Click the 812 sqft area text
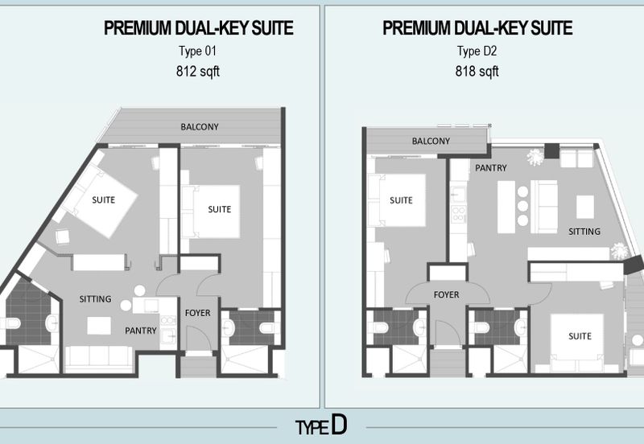click(x=198, y=70)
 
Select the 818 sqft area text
click(x=477, y=70)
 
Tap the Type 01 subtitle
click(x=198, y=51)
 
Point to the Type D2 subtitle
click(x=477, y=51)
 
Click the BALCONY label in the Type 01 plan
click(x=199, y=126)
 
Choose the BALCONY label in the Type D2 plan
click(x=431, y=142)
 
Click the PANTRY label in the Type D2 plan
click(x=491, y=168)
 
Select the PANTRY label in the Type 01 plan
click(x=140, y=330)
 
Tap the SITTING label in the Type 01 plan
click(x=95, y=299)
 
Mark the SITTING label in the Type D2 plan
click(x=584, y=232)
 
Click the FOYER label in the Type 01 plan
click(x=197, y=312)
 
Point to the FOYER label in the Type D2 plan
click(x=446, y=295)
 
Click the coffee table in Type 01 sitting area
click(x=99, y=325)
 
